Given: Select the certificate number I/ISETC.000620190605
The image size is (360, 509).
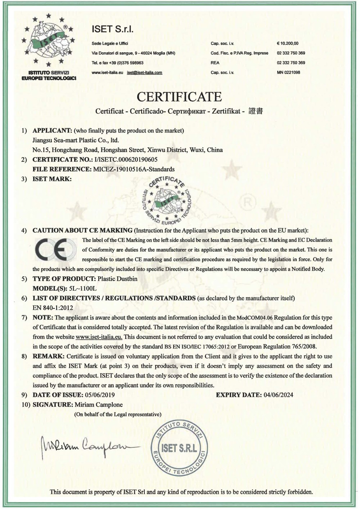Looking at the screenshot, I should [126, 160].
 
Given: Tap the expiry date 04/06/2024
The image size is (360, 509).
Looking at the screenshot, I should [278, 395].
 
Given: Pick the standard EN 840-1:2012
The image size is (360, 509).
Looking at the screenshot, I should [53, 308].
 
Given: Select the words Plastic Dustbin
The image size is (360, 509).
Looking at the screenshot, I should [117, 279].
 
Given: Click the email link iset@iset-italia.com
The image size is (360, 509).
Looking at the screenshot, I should [145, 72].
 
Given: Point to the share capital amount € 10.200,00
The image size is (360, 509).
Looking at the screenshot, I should [288, 43].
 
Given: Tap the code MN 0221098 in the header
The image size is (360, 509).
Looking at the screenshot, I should [288, 72].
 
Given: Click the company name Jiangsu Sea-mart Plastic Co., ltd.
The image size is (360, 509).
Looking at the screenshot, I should [76, 140].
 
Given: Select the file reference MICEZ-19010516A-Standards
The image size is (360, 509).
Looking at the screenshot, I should [134, 169].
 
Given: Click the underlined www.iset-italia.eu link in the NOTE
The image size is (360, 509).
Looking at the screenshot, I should [99, 337].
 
